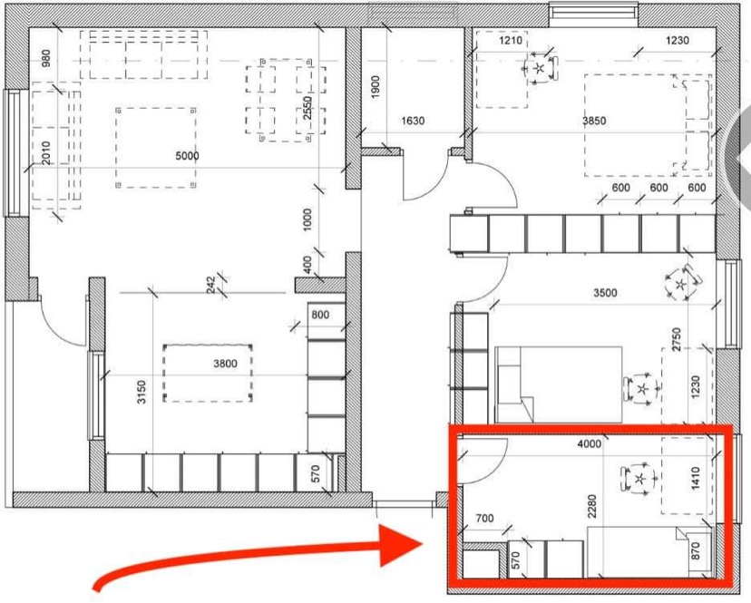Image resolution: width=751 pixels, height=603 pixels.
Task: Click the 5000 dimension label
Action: pos(187,156)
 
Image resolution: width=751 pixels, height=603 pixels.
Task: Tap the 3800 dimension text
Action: pos(225,364)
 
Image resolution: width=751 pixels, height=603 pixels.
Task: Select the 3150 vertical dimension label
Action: pos(141,392)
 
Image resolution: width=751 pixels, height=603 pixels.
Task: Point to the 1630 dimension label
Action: pos(413,121)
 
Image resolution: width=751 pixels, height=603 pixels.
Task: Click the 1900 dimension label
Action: pos(375,87)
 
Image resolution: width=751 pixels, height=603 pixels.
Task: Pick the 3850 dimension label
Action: pos(594,121)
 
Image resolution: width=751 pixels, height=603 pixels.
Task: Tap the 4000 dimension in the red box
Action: pos(590,444)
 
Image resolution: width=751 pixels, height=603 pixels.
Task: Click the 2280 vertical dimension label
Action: pos(592,506)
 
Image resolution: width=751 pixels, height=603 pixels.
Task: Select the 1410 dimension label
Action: pos(696,478)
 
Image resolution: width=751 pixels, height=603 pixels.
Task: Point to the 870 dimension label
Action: pos(696,550)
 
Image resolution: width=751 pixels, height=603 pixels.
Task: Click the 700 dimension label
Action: pos(484,518)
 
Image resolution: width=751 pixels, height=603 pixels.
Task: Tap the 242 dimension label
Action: pos(210,286)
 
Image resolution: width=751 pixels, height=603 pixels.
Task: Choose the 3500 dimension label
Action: pos(605,293)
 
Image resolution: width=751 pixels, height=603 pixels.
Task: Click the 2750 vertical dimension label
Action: pos(677,339)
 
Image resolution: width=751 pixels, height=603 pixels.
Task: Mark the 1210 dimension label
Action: pos(511,40)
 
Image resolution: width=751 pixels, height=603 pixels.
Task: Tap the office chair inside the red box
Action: pos(639,479)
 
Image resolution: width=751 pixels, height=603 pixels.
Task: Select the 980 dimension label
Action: pos(46,59)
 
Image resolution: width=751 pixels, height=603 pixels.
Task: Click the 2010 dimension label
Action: pos(46,152)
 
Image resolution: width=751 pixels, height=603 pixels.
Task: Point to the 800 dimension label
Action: pos(320,315)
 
